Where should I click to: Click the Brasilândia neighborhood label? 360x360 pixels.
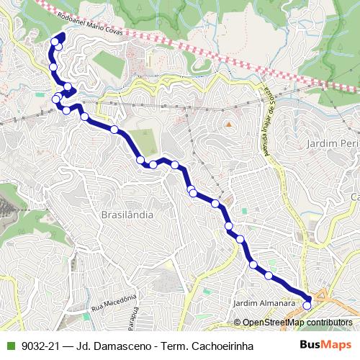coord(127,215)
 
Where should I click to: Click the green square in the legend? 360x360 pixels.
coord(9,346)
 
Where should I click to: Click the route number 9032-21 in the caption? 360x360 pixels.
coord(40,346)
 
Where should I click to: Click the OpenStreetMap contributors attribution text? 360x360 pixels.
coord(297,323)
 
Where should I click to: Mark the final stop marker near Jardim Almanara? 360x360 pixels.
coord(307,305)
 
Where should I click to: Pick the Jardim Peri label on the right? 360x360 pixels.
coord(332,144)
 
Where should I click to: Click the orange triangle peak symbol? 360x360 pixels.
coord(228,124)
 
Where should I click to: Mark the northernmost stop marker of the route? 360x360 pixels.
coord(55,41)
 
